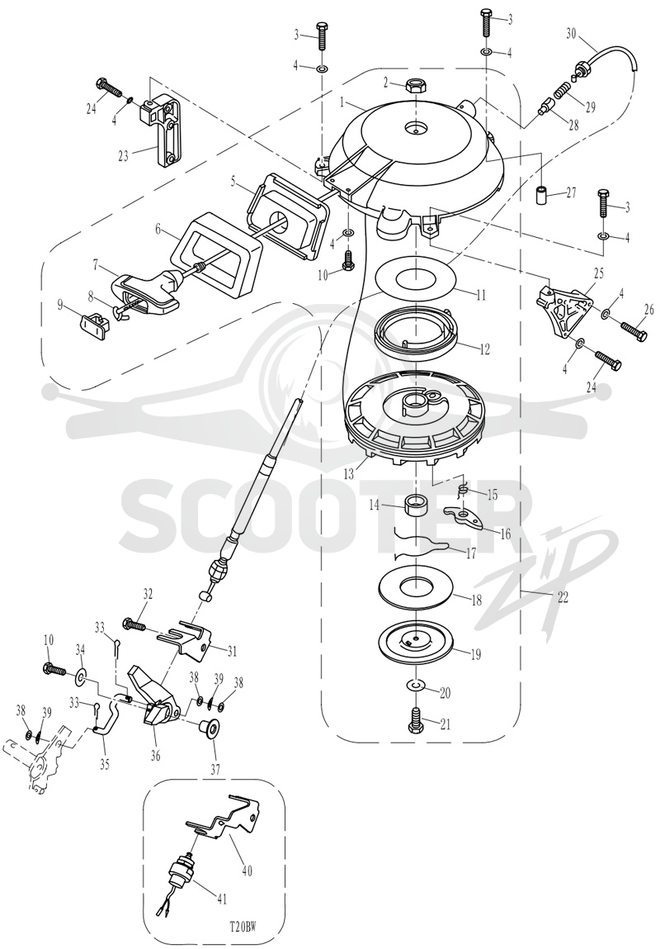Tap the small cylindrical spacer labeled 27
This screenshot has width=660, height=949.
543,197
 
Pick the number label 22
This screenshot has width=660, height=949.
563,597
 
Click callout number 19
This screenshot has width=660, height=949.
476,653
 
